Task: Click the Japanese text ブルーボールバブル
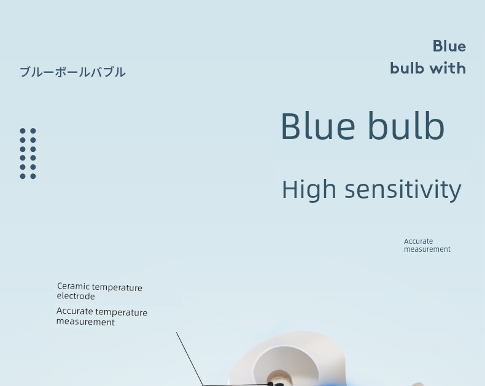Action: click(x=72, y=72)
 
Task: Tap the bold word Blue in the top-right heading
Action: click(x=449, y=47)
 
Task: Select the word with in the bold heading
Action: click(x=448, y=68)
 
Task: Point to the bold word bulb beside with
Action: click(x=407, y=68)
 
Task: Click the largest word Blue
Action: click(x=318, y=126)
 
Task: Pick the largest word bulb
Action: click(x=406, y=125)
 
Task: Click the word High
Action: click(x=309, y=189)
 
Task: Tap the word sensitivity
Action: click(x=403, y=189)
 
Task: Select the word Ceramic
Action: click(x=73, y=286)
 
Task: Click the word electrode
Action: click(x=76, y=296)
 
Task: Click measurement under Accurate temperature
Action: click(x=85, y=322)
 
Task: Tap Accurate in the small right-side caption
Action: click(x=418, y=241)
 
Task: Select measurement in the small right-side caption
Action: click(x=427, y=249)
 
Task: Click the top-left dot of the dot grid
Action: click(x=23, y=131)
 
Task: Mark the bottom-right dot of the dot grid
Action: click(x=33, y=176)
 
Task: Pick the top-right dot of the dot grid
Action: click(x=33, y=131)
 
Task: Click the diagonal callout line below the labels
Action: click(x=190, y=358)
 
